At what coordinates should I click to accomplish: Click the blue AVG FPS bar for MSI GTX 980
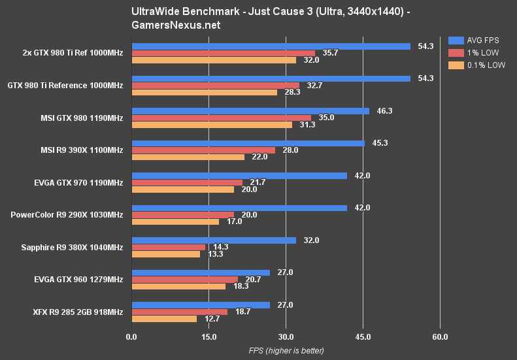(250, 111)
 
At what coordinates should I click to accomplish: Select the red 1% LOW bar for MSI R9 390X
(203, 150)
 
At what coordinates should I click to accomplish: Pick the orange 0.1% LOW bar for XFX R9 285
(164, 319)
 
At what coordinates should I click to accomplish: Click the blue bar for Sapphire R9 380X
(214, 240)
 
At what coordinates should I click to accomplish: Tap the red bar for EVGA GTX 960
(184, 280)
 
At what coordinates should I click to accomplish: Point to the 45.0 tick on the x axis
(363, 337)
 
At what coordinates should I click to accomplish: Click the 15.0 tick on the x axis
(208, 337)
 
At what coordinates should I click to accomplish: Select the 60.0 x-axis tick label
(440, 337)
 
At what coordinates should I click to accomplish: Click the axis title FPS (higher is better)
(286, 351)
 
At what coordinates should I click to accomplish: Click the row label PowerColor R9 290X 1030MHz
(67, 215)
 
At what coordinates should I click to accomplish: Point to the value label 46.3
(384, 111)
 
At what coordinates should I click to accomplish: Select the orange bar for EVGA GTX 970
(182, 189)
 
